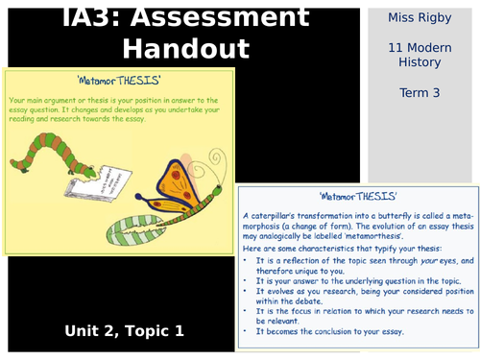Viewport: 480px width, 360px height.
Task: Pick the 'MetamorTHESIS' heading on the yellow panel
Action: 117,82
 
